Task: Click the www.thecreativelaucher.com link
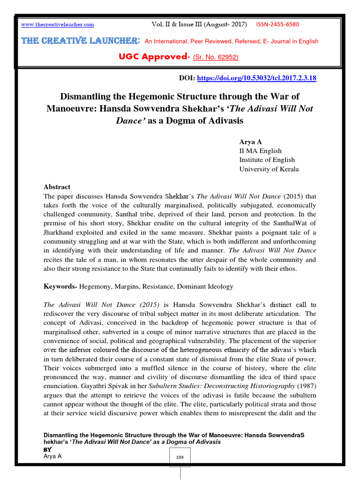[58, 24]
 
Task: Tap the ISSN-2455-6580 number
[277, 24]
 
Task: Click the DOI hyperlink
[256, 78]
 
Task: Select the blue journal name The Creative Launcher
[80, 41]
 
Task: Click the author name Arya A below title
[251, 141]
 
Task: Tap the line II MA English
[260, 150]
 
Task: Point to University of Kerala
[269, 169]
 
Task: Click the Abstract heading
[57, 187]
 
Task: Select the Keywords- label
[60, 286]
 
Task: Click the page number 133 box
[180, 457]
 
